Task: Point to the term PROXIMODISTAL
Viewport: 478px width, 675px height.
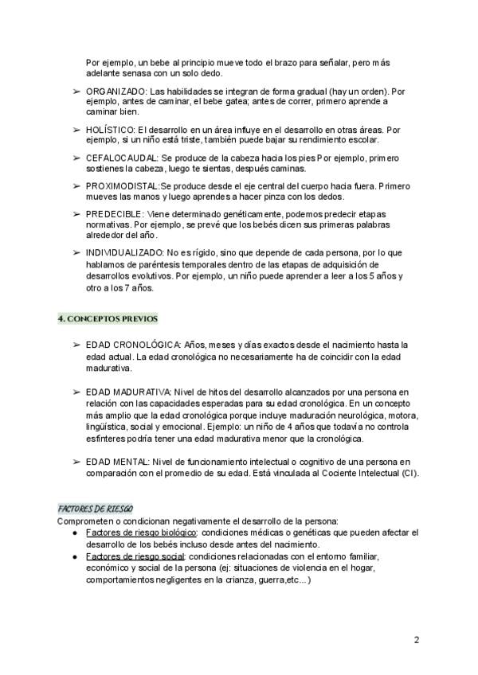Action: coord(122,185)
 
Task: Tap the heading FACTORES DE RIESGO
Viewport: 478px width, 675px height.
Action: coord(95,508)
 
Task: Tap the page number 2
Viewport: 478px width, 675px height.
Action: coord(417,639)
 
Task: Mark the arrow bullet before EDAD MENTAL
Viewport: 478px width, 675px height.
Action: coord(76,462)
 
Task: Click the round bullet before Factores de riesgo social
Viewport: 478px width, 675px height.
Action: coord(73,556)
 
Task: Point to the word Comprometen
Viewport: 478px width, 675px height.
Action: coord(86,521)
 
